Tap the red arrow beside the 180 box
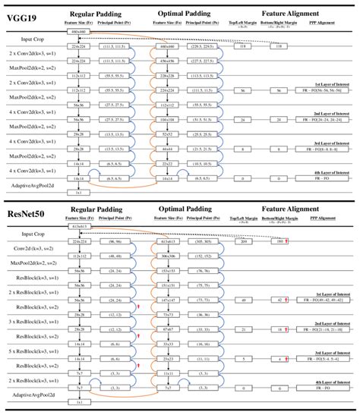[286, 241]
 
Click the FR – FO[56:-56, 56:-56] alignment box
[323, 90]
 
